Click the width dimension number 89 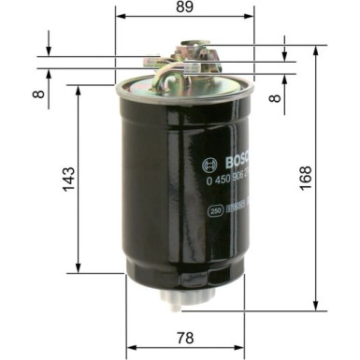[x=184, y=7]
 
